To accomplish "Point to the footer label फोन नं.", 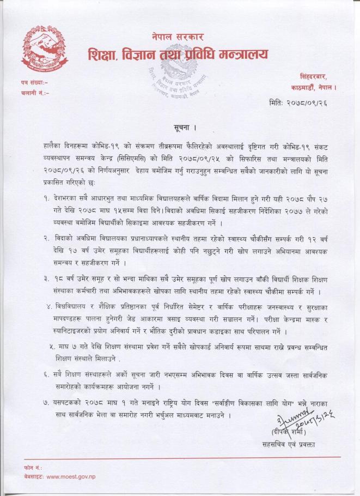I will tap(18, 468).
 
